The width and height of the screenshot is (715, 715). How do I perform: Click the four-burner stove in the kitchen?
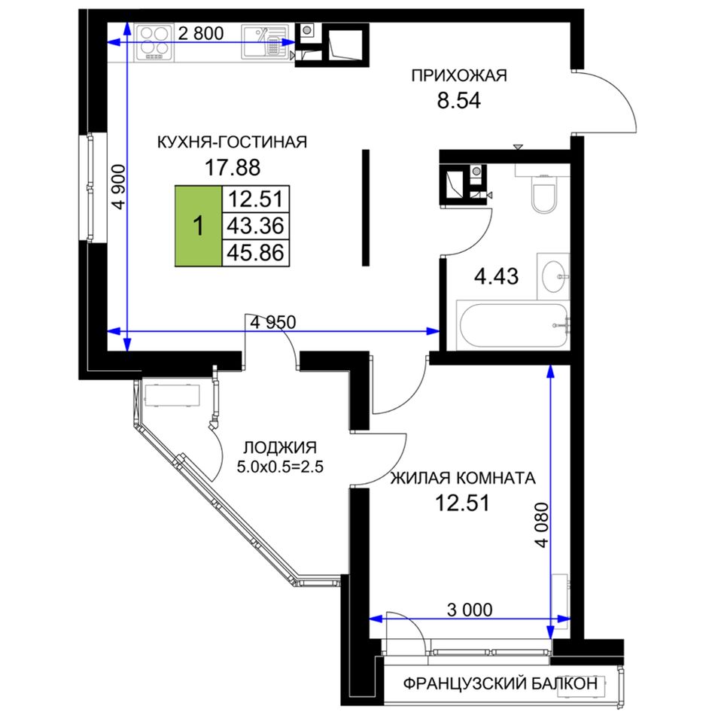154,43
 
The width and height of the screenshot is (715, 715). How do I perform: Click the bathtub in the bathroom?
513,325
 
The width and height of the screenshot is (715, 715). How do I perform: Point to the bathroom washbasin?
554,276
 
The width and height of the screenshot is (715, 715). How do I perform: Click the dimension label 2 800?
201,33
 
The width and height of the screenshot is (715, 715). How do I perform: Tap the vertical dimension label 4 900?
119,187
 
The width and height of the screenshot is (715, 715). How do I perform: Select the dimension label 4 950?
273,322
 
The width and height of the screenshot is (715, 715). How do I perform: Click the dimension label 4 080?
542,525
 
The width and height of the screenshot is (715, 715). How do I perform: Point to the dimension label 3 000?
470,610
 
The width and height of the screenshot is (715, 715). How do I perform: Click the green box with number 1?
199,226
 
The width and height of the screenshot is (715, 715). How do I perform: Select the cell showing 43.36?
255,226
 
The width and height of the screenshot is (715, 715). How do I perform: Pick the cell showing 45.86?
255,253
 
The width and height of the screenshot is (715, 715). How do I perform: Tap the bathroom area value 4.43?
496,276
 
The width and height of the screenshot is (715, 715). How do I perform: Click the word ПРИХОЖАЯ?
459,75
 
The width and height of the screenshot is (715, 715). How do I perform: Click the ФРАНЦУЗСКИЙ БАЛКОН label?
500,683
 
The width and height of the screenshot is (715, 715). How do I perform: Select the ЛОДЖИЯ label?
280,447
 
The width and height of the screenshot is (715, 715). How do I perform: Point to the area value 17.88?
232,167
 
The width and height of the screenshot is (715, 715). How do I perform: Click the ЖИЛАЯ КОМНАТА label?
463,478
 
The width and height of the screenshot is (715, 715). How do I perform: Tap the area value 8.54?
459,101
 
